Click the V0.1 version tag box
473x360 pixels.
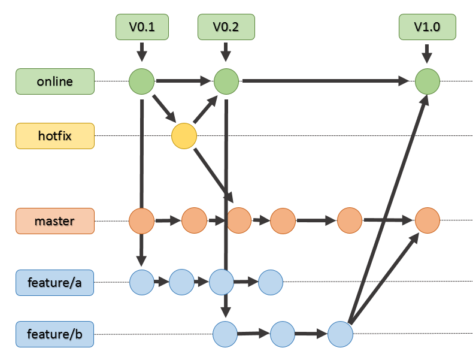coord(142,27)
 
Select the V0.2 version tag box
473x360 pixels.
coord(226,27)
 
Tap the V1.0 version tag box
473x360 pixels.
coord(427,27)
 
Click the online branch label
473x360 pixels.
coord(55,81)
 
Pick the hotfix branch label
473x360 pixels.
coord(55,136)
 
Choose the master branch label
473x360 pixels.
coord(55,221)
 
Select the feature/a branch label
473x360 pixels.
coord(55,282)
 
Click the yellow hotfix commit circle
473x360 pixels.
coord(184,136)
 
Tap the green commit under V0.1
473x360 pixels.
coord(142,81)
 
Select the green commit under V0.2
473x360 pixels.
coord(226,81)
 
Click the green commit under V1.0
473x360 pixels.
coord(427,81)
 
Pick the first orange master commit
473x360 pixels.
coord(142,221)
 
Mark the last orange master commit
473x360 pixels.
coord(427,220)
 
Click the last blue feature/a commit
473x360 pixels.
coord(270,282)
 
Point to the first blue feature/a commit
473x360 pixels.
coord(142,282)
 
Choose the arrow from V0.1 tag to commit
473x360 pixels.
coord(142,52)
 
